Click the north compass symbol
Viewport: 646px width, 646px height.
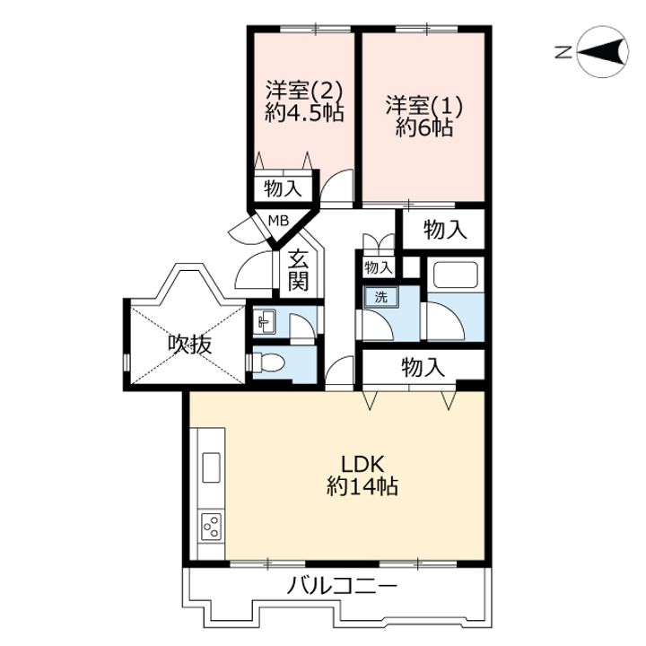tap(602, 51)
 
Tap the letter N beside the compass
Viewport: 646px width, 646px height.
tap(563, 52)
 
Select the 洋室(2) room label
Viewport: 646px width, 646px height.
tap(304, 90)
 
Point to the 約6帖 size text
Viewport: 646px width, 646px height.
tap(423, 127)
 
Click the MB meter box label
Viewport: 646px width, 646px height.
tap(278, 222)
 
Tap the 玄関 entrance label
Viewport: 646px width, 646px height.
tap(298, 270)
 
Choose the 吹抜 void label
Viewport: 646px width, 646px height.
tap(190, 344)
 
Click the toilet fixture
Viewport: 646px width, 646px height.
tap(267, 362)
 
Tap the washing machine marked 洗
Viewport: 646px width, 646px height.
tap(380, 297)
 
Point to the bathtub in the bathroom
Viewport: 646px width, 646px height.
tap(452, 274)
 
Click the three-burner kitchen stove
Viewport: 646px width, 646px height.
tap(212, 527)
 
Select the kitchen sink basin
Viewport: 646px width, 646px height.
tap(211, 467)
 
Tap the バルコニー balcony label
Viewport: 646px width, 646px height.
tap(342, 585)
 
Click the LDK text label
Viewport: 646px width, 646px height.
tap(362, 465)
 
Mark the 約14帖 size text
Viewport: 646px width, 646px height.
tap(362, 485)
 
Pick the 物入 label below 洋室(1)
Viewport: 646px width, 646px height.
tap(445, 229)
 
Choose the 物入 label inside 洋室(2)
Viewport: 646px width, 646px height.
tap(283, 189)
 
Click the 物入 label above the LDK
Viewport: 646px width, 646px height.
tap(423, 367)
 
